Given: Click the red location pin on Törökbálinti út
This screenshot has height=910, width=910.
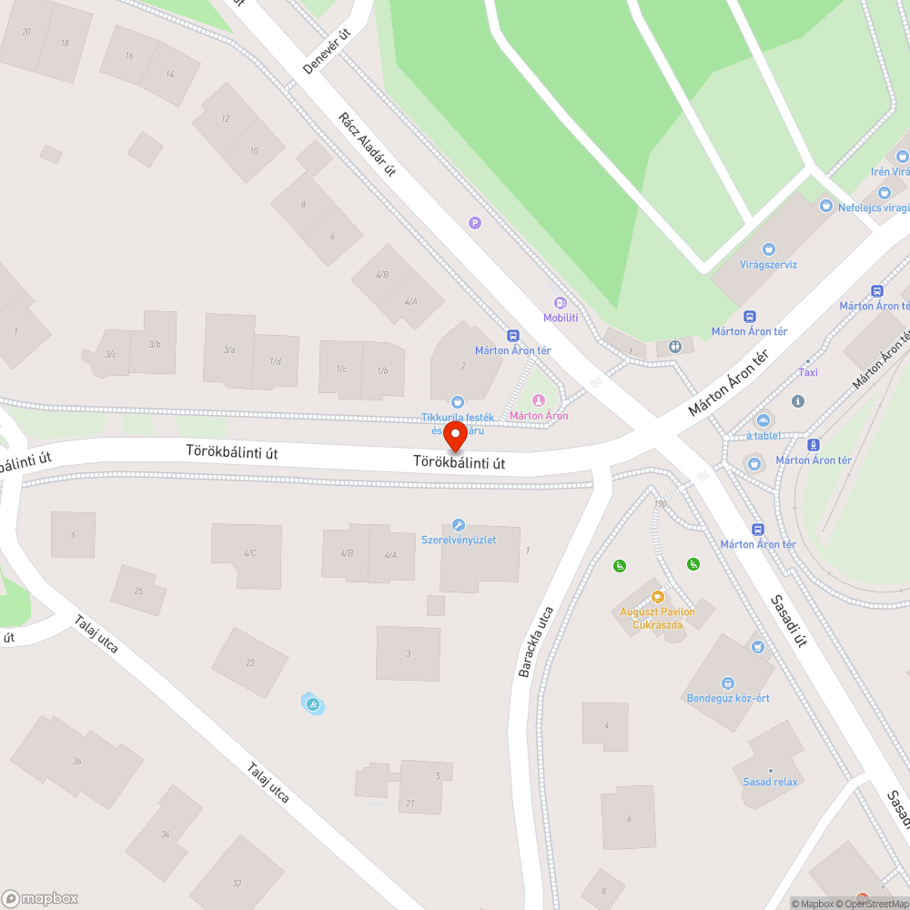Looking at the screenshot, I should (455, 436).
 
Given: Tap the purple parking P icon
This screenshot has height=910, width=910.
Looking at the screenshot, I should (474, 222).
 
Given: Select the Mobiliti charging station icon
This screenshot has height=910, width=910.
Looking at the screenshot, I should (561, 303).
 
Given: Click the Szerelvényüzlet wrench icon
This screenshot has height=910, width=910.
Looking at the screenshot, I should (458, 525).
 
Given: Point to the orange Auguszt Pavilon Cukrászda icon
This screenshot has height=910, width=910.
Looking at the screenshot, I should (657, 597).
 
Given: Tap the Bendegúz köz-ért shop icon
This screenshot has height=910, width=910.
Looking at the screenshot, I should (727, 683).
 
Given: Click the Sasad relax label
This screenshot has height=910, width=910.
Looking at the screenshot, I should (770, 782).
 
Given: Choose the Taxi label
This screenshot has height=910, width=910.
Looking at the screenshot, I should (807, 372).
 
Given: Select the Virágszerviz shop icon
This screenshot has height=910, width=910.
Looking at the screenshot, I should (769, 249).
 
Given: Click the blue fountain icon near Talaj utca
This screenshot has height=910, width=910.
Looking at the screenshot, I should (313, 703).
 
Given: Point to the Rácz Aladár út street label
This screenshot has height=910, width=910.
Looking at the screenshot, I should (367, 145).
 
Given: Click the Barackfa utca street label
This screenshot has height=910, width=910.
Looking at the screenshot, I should (536, 642).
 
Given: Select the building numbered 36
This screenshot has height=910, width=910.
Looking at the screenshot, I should (76, 761).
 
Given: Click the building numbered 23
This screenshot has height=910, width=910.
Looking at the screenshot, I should (250, 662).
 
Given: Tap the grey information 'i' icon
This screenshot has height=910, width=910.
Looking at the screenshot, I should (798, 401).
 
